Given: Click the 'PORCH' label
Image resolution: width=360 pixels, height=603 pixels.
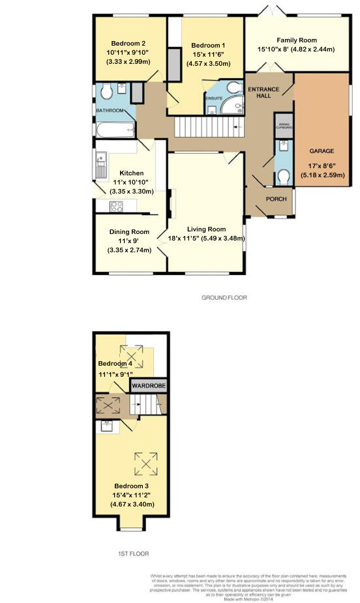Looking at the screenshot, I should (x=269, y=199).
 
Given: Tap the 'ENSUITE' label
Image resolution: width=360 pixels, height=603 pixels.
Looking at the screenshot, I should (x=215, y=98).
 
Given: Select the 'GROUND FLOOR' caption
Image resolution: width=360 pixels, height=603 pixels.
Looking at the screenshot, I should (x=224, y=297).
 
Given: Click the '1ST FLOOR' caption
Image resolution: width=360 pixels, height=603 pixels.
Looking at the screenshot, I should (x=133, y=553).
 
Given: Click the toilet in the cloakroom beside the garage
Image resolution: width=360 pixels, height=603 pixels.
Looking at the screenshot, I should (x=283, y=175).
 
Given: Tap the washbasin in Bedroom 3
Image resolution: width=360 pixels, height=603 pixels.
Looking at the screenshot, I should (x=106, y=426).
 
